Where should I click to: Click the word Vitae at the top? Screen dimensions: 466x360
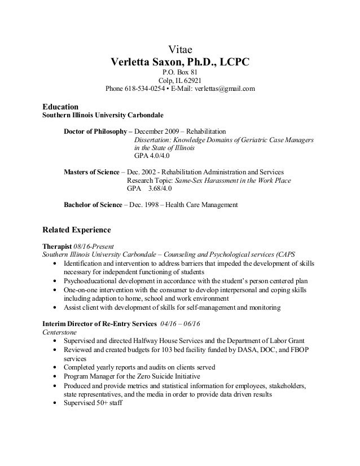(181, 49)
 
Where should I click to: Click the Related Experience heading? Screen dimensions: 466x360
(77, 230)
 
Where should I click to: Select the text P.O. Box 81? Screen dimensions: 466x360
(181, 72)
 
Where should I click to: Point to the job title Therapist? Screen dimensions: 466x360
(58, 247)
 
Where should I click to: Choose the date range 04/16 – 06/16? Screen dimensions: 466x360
(177, 324)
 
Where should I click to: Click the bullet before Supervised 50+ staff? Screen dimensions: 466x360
(54, 403)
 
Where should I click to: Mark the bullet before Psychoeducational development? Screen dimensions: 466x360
(54, 280)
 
